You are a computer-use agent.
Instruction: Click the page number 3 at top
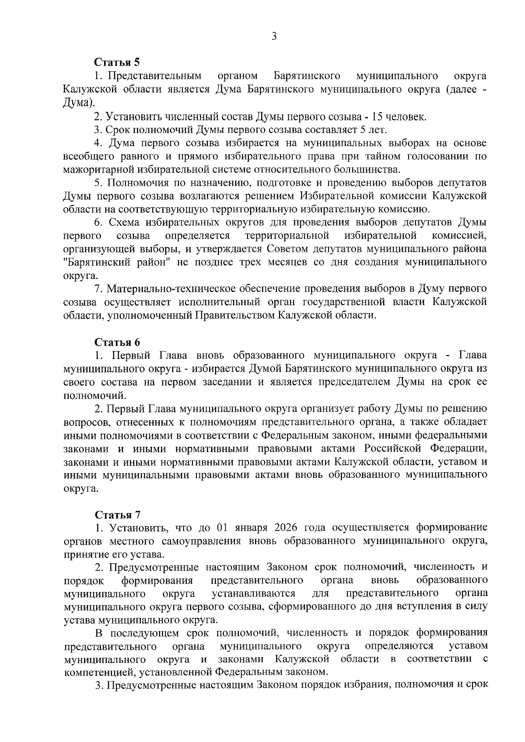coord(274,37)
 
